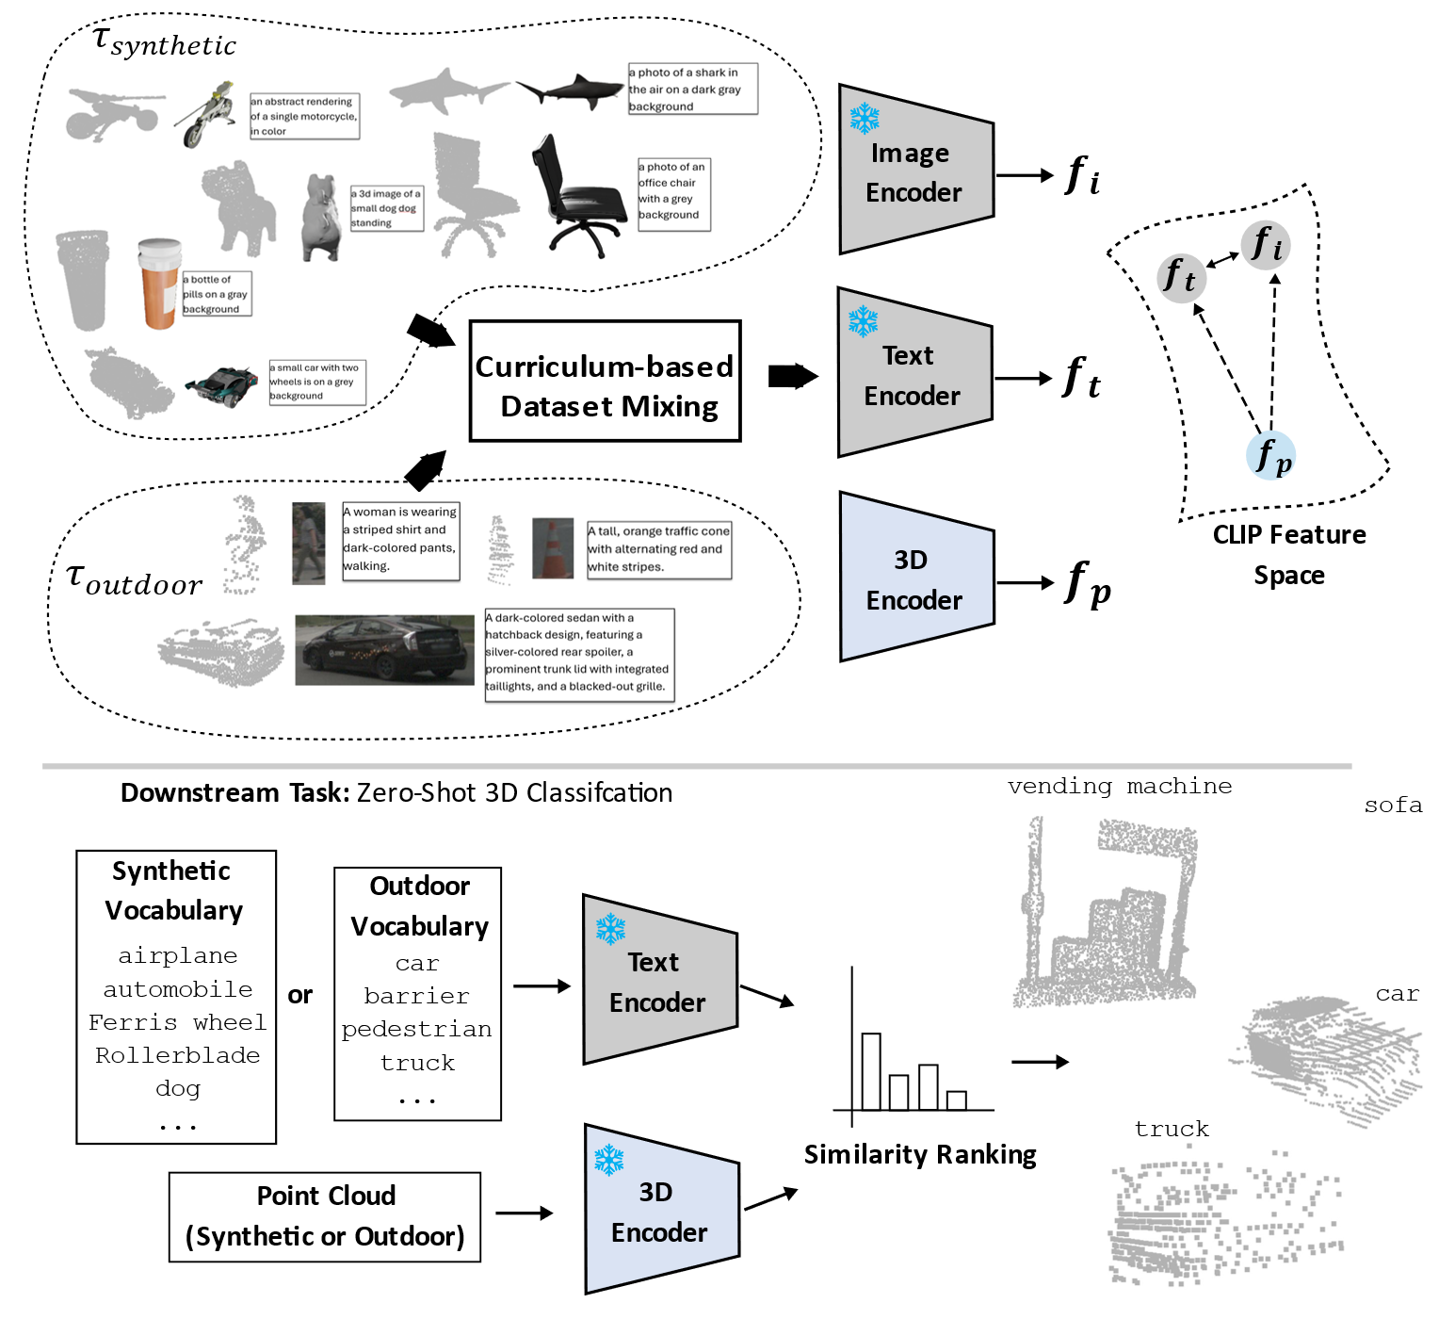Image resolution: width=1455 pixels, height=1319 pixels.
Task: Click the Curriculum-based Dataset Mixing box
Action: click(x=605, y=382)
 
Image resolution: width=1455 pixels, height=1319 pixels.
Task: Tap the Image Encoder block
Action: click(x=913, y=172)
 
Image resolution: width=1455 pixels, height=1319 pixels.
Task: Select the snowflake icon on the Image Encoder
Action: click(x=864, y=119)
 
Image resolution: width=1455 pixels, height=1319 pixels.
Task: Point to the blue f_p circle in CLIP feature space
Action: click(x=1271, y=456)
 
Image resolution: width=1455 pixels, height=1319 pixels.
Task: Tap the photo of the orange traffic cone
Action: click(x=553, y=547)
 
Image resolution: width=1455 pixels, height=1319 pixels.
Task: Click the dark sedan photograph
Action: click(x=384, y=649)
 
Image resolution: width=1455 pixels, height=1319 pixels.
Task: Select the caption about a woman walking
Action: click(x=400, y=540)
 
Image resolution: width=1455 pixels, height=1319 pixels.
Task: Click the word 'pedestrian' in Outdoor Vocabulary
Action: click(x=416, y=1030)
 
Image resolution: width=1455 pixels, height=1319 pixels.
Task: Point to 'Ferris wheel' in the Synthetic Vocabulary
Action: click(x=177, y=1022)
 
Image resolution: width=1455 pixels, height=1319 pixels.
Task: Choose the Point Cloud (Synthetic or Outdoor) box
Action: click(x=325, y=1216)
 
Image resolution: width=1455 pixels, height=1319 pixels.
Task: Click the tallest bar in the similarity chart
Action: click(x=871, y=1072)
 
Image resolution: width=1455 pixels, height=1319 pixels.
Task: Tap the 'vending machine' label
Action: click(x=1119, y=787)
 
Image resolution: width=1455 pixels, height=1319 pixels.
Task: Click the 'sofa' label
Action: click(x=1393, y=806)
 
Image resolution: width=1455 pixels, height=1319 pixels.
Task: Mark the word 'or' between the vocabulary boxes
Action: click(x=300, y=995)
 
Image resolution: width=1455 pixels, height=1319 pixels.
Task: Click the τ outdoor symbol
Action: click(x=134, y=579)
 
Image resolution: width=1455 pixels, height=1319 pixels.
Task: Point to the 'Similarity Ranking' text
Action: click(x=920, y=1155)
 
